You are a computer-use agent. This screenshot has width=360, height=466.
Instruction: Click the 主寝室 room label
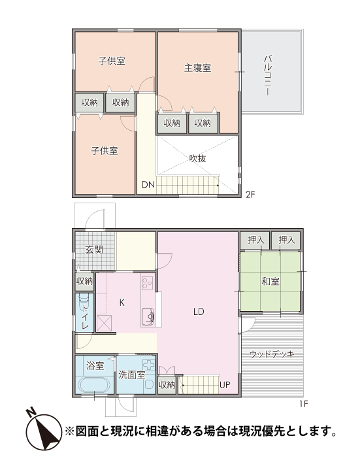pos(197,67)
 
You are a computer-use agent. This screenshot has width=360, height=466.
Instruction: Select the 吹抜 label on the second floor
pos(198,158)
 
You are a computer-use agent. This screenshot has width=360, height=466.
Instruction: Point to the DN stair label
pos(148,184)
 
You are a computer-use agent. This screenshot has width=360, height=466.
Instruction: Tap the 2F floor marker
pos(251,194)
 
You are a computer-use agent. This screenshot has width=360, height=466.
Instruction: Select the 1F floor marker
pos(303,404)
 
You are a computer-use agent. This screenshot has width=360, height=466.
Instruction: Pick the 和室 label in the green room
pos(270,282)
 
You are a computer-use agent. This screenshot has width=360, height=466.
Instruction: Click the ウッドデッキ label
pos(272,354)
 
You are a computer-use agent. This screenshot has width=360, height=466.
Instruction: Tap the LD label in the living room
pos(199,312)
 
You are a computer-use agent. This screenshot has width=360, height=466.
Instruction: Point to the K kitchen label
pos(122,302)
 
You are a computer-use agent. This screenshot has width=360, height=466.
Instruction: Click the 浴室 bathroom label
pos(94,365)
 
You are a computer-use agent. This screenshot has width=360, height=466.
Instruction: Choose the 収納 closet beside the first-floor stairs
pos(167,385)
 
